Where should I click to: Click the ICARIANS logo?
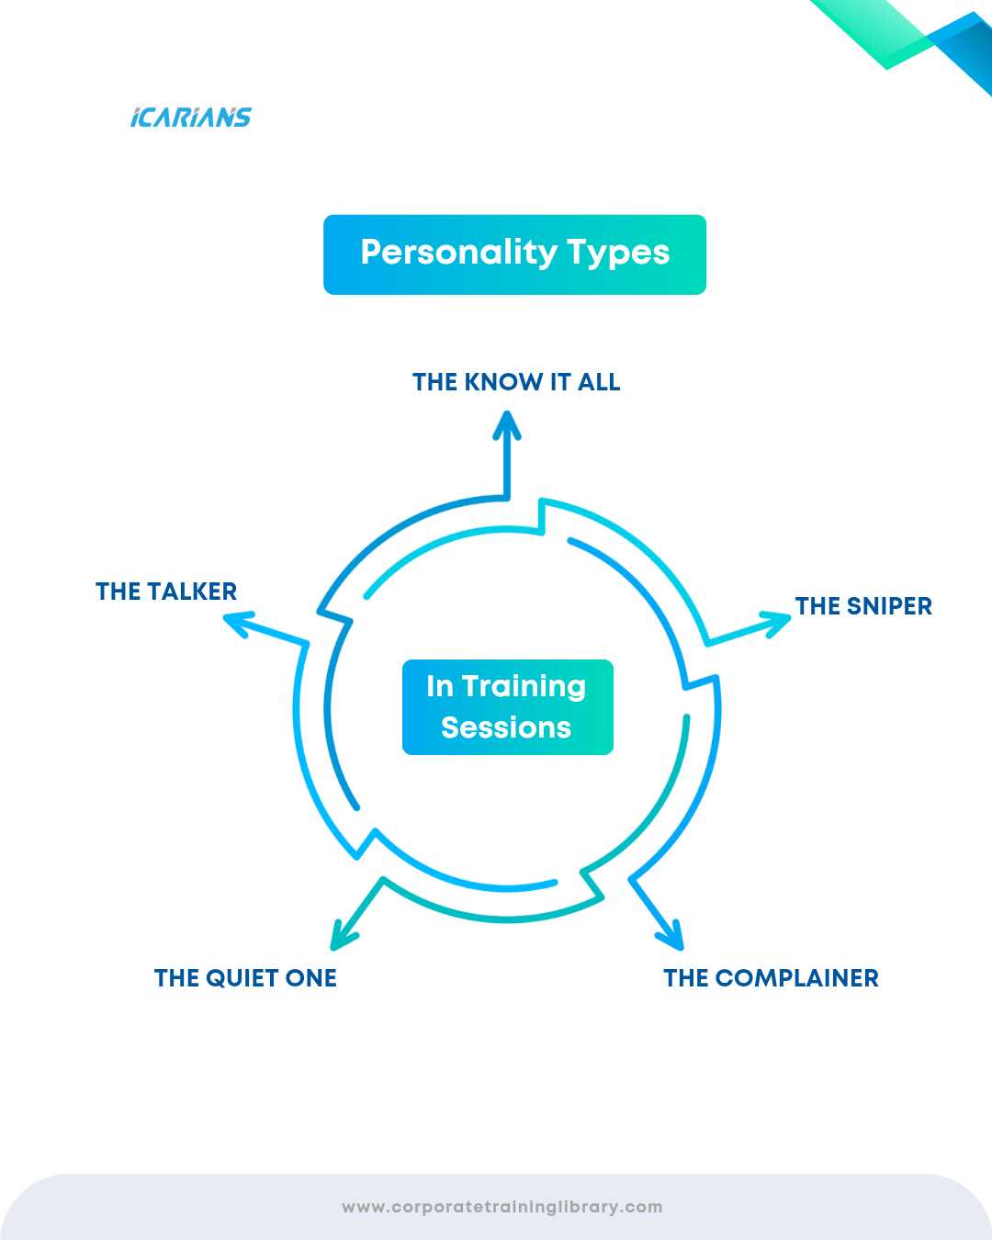tap(191, 118)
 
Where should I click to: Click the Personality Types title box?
tap(514, 254)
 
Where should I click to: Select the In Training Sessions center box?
tap(507, 706)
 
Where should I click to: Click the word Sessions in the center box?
tap(506, 727)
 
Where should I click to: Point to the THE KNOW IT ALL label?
tap(516, 382)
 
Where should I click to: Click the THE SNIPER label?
tap(863, 606)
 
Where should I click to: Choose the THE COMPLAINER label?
tap(771, 978)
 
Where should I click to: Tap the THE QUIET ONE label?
tap(245, 978)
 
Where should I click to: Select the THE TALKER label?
tap(166, 592)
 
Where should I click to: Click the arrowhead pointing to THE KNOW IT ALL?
tap(506, 424)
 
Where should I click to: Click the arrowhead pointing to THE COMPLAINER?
tap(672, 936)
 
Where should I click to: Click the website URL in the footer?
tap(502, 1207)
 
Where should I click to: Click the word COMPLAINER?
tap(796, 978)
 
